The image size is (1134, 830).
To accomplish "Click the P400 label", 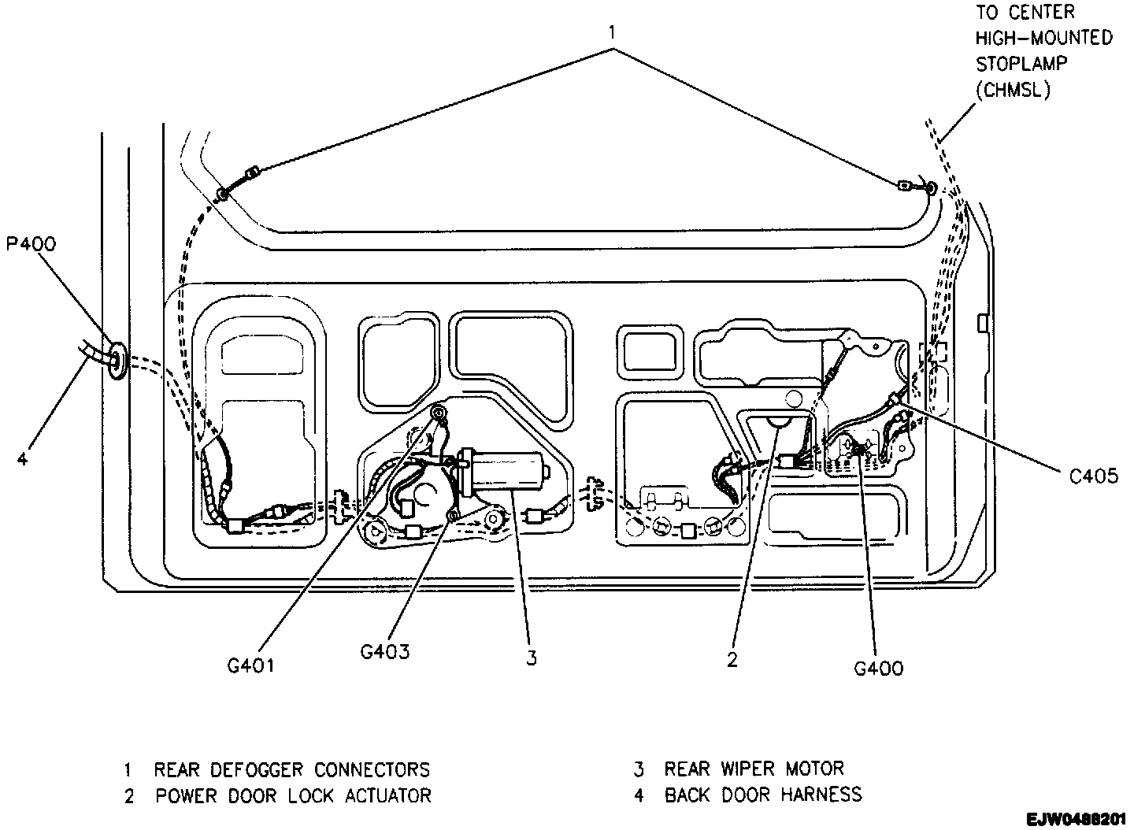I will (31, 243).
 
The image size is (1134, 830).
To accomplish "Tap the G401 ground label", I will (251, 665).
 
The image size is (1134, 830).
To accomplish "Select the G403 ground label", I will (384, 651).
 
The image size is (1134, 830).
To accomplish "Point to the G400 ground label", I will (879, 669).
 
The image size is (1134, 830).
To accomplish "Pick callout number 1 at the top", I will (613, 32).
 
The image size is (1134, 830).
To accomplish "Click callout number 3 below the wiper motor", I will (532, 658).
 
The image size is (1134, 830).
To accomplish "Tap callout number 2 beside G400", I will (732, 660).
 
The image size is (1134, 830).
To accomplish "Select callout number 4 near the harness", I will (23, 458).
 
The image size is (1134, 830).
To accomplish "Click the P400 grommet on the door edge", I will (117, 360).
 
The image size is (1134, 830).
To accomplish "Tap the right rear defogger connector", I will (905, 187).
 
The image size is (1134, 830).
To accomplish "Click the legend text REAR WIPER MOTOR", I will (754, 768).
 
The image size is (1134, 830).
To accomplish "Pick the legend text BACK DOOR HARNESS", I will (763, 795).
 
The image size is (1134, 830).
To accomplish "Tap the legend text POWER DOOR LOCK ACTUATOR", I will (293, 795).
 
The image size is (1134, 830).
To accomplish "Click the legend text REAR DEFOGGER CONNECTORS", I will (291, 769).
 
